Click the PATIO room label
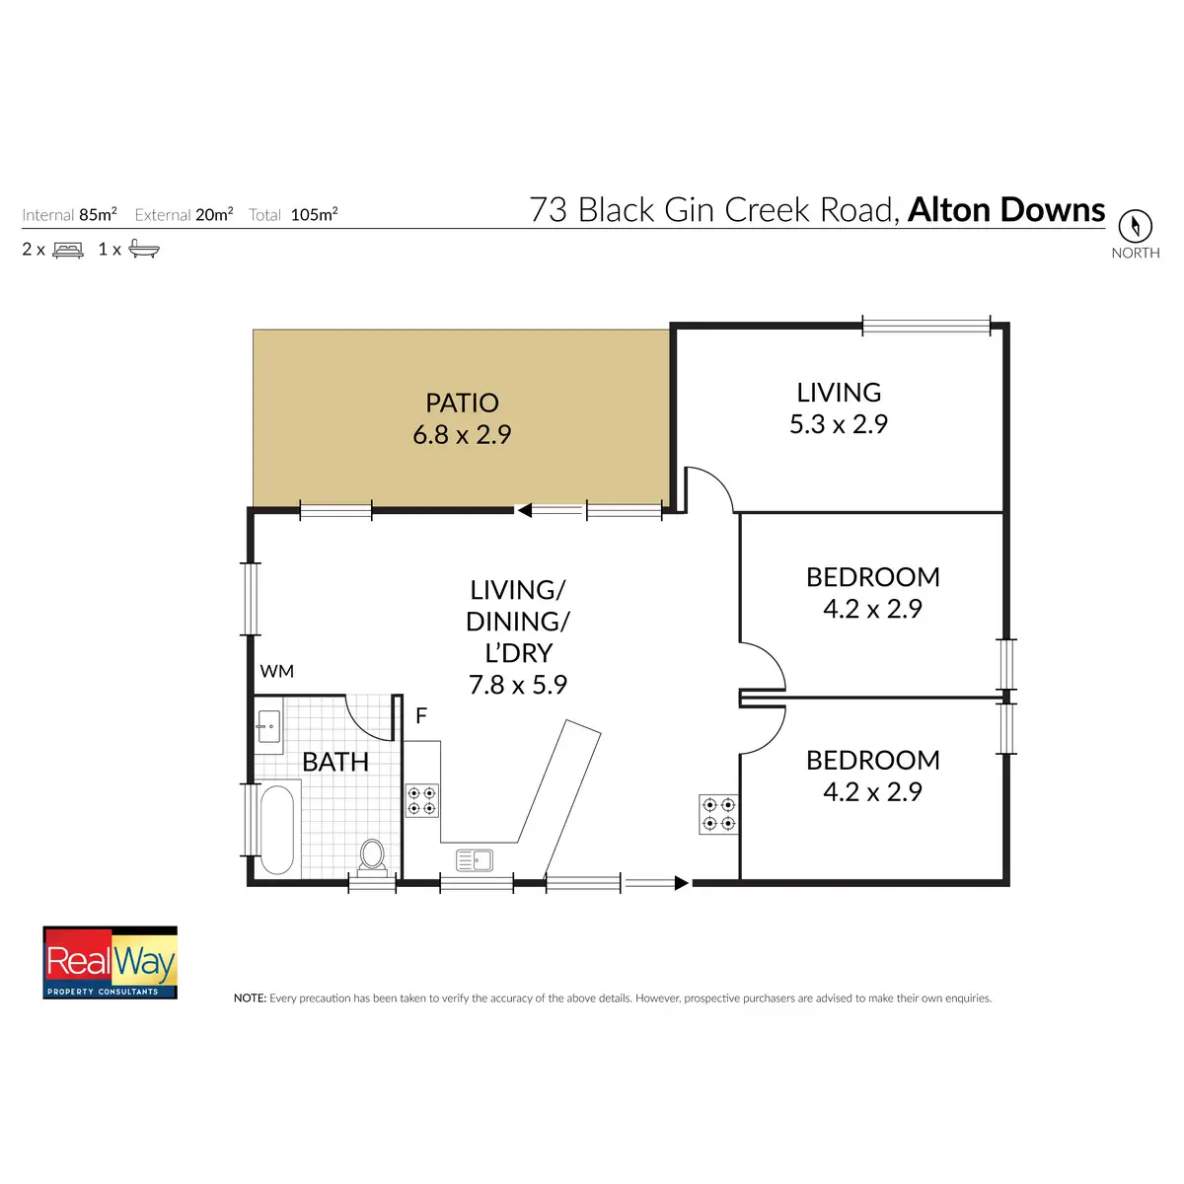coord(462,403)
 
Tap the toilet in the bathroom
coord(372,855)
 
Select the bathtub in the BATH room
coord(277,829)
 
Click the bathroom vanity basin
coord(268,726)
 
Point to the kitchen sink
coord(475,859)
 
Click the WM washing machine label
coord(277,671)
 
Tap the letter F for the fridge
coord(421,715)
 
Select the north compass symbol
coord(1135,226)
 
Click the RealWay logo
coord(111,962)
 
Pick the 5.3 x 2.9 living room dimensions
coord(839,424)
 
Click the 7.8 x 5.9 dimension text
coord(518,685)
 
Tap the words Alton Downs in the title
coord(1006,210)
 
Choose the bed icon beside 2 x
coord(68,250)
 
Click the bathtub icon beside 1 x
coord(143,250)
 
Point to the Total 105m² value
coord(314,214)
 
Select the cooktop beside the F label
coord(422,800)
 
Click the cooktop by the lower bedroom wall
coord(718,814)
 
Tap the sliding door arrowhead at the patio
coord(524,510)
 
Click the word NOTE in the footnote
coord(250,999)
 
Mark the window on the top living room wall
coord(925,325)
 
